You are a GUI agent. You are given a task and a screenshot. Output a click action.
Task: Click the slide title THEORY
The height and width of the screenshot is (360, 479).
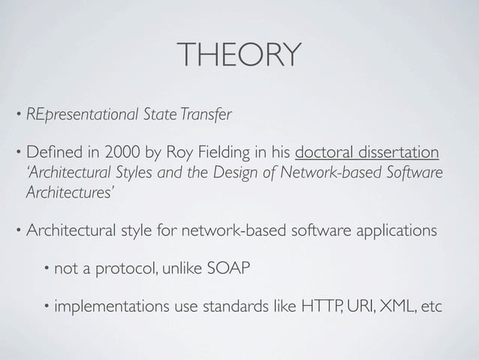point(239,54)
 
